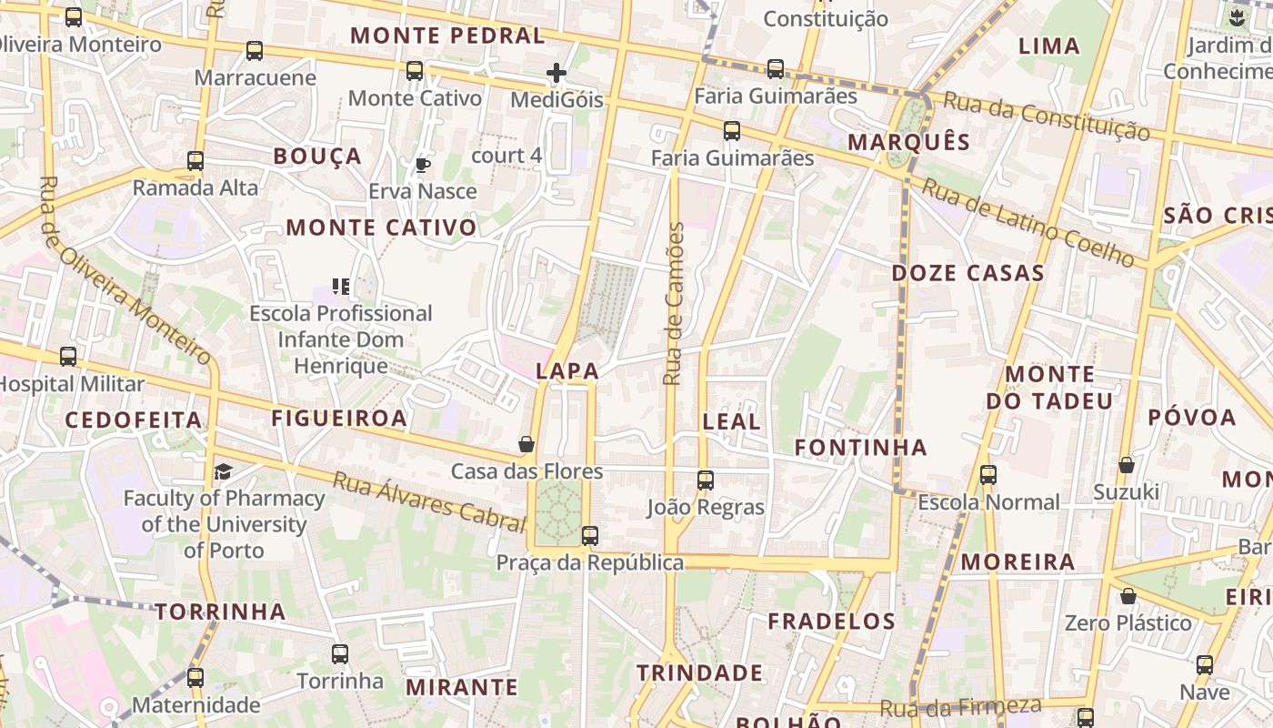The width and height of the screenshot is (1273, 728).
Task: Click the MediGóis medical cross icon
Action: pos(556,73)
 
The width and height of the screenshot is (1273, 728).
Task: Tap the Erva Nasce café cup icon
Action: pos(422,165)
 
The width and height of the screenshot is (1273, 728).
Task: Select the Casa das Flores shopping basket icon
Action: pos(526,444)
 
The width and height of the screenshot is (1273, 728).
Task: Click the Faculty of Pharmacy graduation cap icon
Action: pos(223,471)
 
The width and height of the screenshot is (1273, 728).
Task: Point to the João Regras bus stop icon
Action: pos(706,480)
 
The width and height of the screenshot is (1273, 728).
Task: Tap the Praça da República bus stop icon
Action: pos(590,535)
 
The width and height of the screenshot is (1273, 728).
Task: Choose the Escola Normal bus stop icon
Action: pos(988,474)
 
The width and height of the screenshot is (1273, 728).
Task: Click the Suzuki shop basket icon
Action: pos(1127,465)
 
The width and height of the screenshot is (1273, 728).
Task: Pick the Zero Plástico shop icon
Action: pos(1128,596)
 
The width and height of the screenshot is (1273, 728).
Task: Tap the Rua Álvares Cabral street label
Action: pos(429,501)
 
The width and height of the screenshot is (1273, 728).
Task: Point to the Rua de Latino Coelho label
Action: pos(1028,222)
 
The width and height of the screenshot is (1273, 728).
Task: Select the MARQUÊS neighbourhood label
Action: pos(909,142)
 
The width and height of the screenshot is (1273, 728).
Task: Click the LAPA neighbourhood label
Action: pos(567,370)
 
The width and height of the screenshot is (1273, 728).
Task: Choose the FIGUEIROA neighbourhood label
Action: pos(339,418)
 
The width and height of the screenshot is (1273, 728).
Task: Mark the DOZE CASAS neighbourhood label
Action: pos(968,273)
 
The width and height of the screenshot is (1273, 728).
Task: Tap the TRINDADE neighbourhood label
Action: pos(699,673)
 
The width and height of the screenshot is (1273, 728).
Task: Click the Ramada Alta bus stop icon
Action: pos(195,161)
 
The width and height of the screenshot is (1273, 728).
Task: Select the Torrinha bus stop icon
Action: pos(340,653)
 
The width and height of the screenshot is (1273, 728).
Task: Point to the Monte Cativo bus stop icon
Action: pos(415,70)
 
